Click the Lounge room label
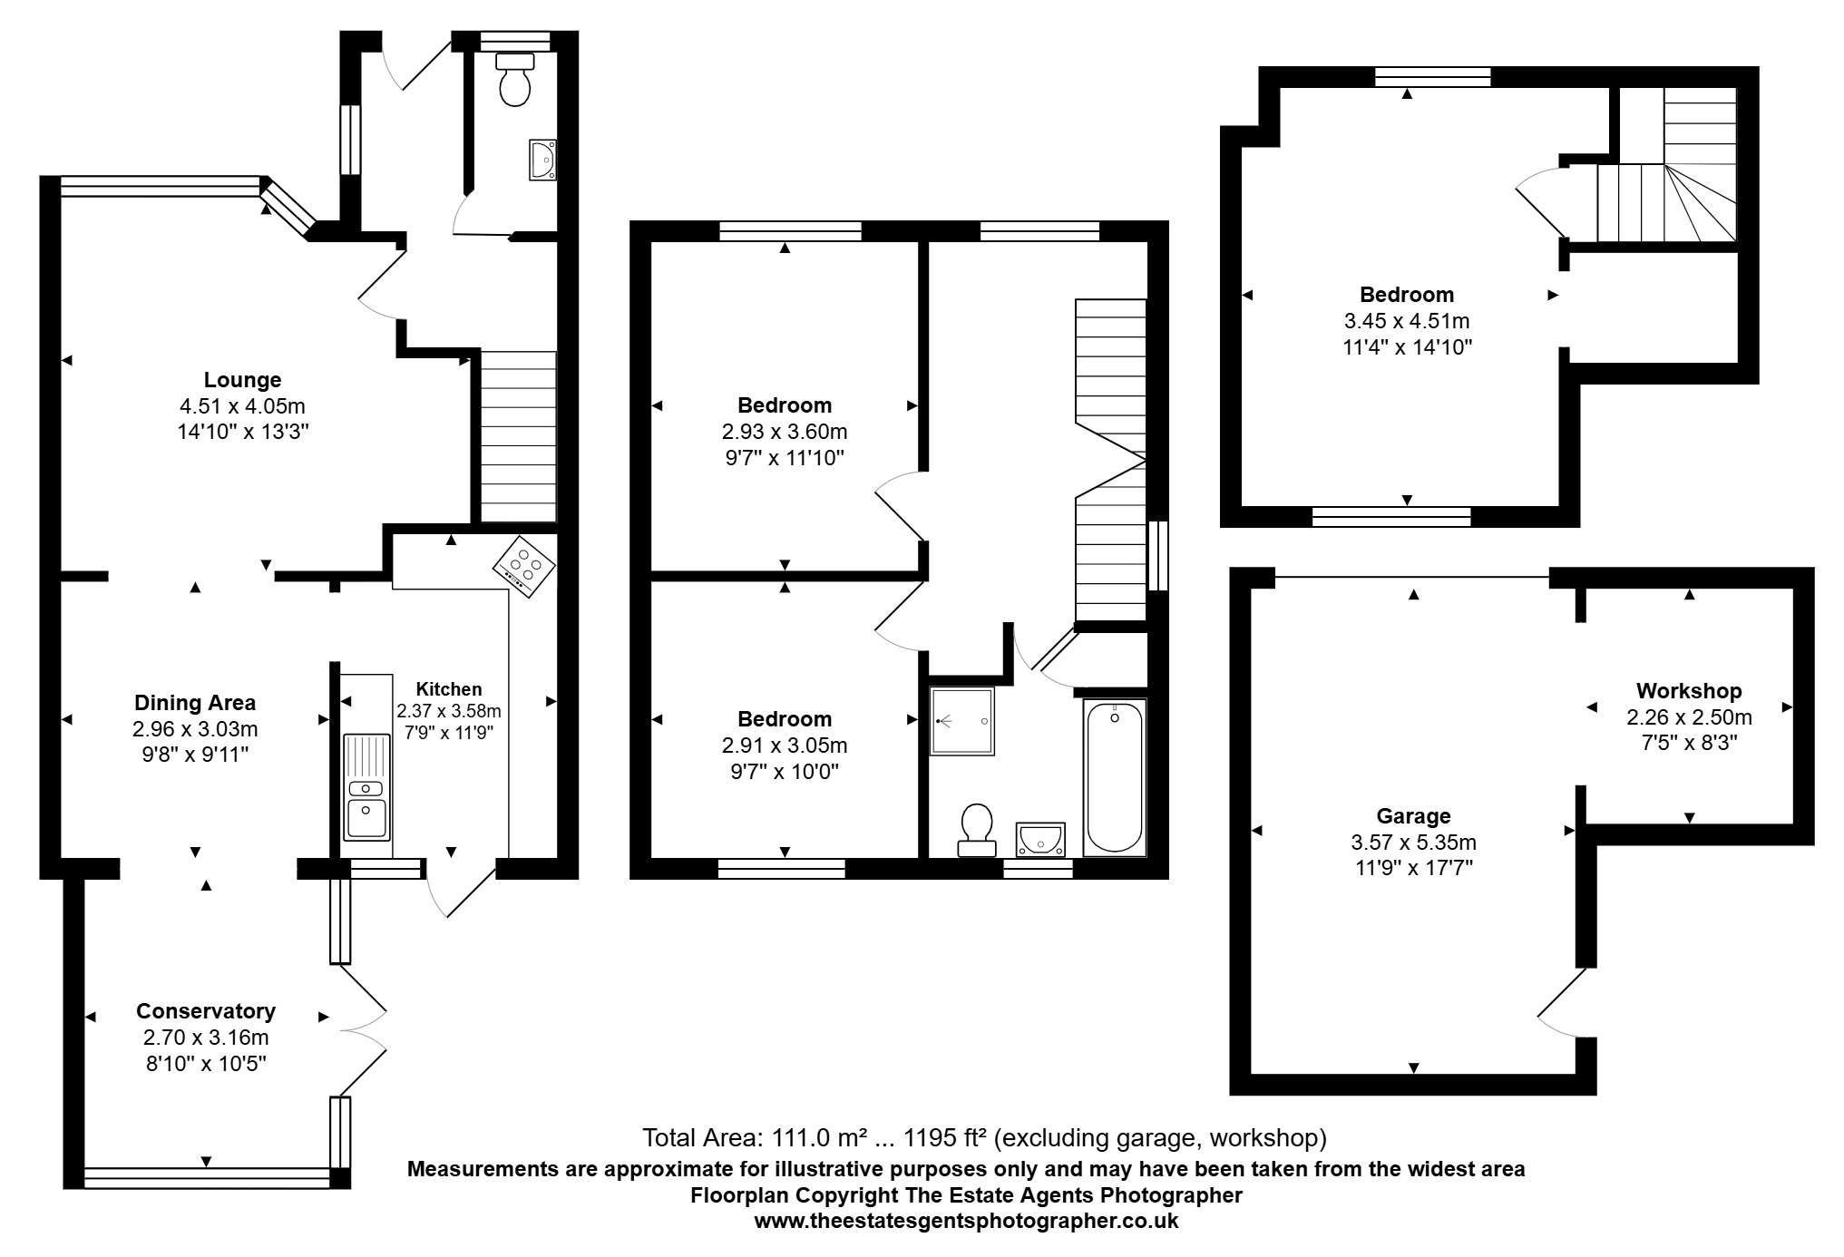(x=242, y=380)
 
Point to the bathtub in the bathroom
(x=1114, y=776)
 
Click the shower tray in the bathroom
(x=961, y=721)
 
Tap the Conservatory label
(x=206, y=1011)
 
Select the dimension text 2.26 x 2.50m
(x=1689, y=717)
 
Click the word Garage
(x=1413, y=816)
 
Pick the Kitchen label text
(x=449, y=689)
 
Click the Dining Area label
(x=195, y=703)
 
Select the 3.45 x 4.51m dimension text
(x=1407, y=321)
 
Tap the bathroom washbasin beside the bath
(x=1039, y=839)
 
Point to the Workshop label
(x=1689, y=691)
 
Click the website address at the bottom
(x=966, y=1221)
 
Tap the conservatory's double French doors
(x=363, y=1029)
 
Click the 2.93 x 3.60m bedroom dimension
(x=785, y=432)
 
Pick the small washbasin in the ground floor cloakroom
(x=542, y=161)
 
